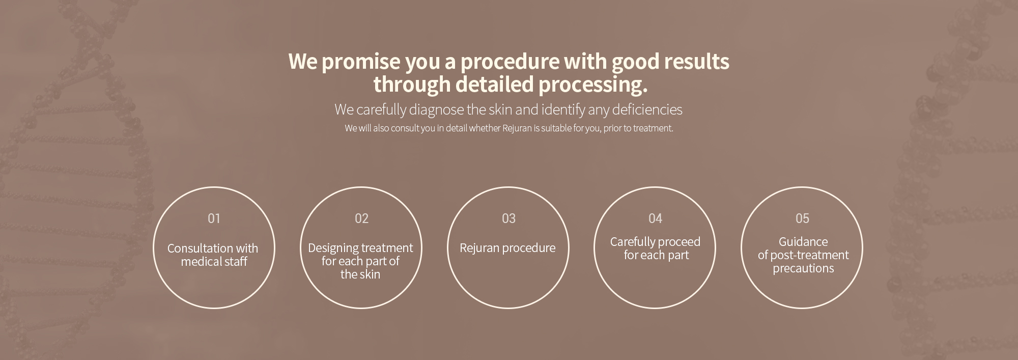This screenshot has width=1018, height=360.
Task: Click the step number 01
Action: click(x=214, y=218)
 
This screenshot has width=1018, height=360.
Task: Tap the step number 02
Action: click(x=361, y=218)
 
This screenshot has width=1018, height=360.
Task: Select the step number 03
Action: click(x=508, y=218)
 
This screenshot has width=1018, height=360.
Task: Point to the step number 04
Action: click(x=655, y=218)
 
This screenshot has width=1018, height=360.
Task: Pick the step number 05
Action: click(x=802, y=218)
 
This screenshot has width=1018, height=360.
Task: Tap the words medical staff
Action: click(x=214, y=262)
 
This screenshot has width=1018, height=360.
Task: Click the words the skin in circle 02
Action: click(x=360, y=274)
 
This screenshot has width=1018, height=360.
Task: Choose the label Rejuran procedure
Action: click(x=507, y=248)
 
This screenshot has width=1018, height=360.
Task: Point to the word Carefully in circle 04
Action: click(x=632, y=242)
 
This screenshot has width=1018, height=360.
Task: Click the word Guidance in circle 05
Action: click(x=803, y=242)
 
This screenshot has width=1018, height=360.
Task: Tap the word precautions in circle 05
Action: click(x=803, y=268)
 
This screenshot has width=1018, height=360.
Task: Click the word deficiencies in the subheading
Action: click(x=647, y=109)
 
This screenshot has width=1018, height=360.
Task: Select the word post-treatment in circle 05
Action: click(x=809, y=255)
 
